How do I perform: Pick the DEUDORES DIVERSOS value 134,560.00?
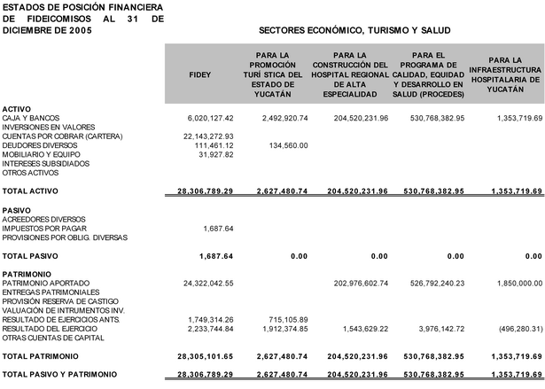coord(284,145)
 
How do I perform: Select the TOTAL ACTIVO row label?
coord(29,191)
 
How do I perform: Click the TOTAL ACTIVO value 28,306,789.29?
coord(205,191)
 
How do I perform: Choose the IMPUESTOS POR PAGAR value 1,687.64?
coord(218,228)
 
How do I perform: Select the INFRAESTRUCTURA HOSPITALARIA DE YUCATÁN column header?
coord(504,74)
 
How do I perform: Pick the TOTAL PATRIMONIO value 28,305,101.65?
coord(205,355)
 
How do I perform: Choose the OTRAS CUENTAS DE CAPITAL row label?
coord(47,337)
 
